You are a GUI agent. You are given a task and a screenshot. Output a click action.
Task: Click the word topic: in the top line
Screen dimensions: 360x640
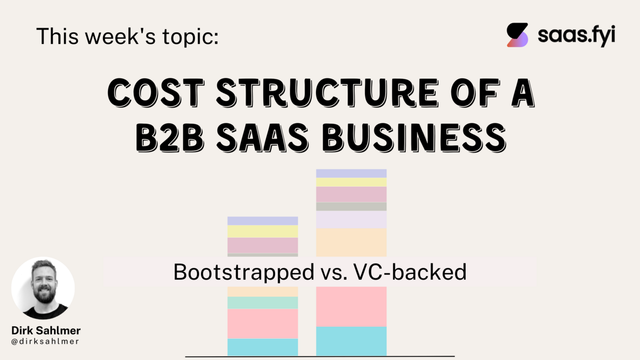pyautogui.click(x=191, y=36)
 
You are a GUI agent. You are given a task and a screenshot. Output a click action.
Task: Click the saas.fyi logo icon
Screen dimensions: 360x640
pyautogui.click(x=517, y=35)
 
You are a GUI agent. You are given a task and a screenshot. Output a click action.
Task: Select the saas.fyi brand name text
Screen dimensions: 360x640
pyautogui.click(x=576, y=36)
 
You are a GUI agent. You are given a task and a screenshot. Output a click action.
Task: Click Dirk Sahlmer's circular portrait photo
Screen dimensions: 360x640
pyautogui.click(x=43, y=288)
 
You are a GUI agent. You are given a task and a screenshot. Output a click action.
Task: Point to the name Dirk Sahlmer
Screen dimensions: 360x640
pyautogui.click(x=46, y=330)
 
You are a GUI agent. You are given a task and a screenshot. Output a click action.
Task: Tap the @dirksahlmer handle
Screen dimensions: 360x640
pyautogui.click(x=46, y=341)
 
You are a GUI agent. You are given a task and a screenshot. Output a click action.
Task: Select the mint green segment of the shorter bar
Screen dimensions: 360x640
pyautogui.click(x=263, y=303)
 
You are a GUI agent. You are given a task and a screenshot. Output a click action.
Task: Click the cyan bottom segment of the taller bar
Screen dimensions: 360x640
pyautogui.click(x=351, y=341)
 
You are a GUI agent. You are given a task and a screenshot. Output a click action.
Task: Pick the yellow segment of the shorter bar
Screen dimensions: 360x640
pyautogui.click(x=263, y=231)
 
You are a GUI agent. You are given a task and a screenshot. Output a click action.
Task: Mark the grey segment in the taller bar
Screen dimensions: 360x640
pyautogui.click(x=351, y=206)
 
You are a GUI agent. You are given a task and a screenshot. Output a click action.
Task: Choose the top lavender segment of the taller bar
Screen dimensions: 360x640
pyautogui.click(x=351, y=173)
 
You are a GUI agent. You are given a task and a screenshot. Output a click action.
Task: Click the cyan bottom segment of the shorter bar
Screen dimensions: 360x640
pyautogui.click(x=263, y=347)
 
